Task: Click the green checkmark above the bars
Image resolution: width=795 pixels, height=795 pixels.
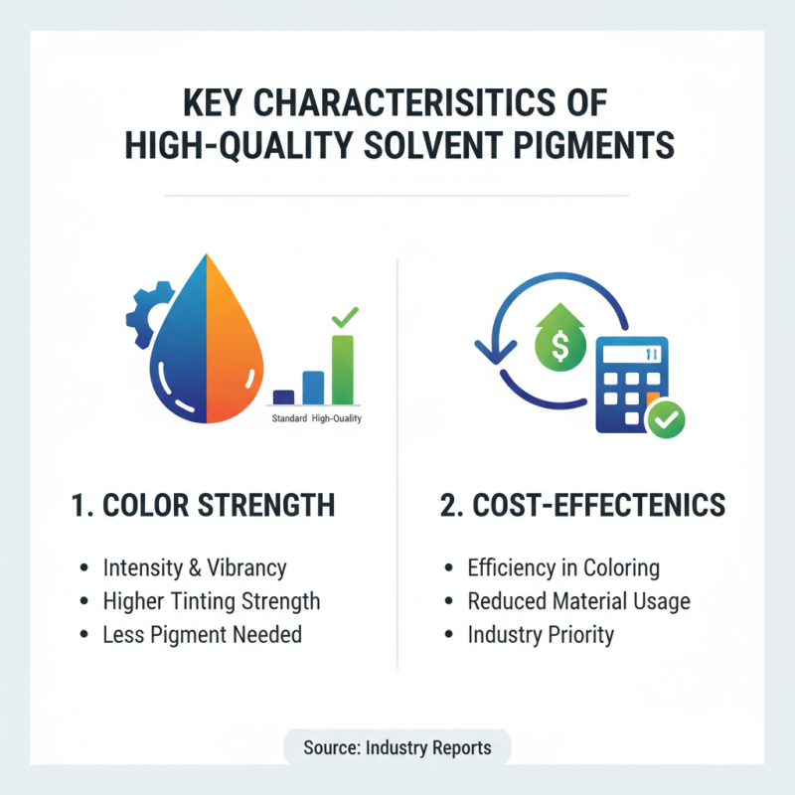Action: coord(344,318)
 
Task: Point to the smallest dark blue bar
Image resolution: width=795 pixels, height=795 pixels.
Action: coord(283,396)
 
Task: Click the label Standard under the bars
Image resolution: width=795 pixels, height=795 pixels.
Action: coord(289,418)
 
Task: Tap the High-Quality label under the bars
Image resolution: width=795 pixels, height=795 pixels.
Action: coord(337,418)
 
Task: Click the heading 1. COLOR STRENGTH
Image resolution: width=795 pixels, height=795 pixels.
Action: coord(203,505)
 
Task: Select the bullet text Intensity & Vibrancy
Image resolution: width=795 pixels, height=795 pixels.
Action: coord(195,568)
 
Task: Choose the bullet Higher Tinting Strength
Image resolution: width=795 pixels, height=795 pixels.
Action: coord(212,601)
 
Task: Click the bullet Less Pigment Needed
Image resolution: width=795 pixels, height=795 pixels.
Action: coord(203,634)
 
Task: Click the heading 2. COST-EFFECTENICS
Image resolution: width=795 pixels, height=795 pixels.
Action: coord(581,505)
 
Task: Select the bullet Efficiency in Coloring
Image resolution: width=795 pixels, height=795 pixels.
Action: coord(563,568)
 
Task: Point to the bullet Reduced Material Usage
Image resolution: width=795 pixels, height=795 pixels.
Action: coord(578,601)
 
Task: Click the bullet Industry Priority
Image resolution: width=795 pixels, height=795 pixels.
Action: coord(541,634)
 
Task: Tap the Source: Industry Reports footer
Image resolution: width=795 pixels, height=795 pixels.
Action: coord(397,747)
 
